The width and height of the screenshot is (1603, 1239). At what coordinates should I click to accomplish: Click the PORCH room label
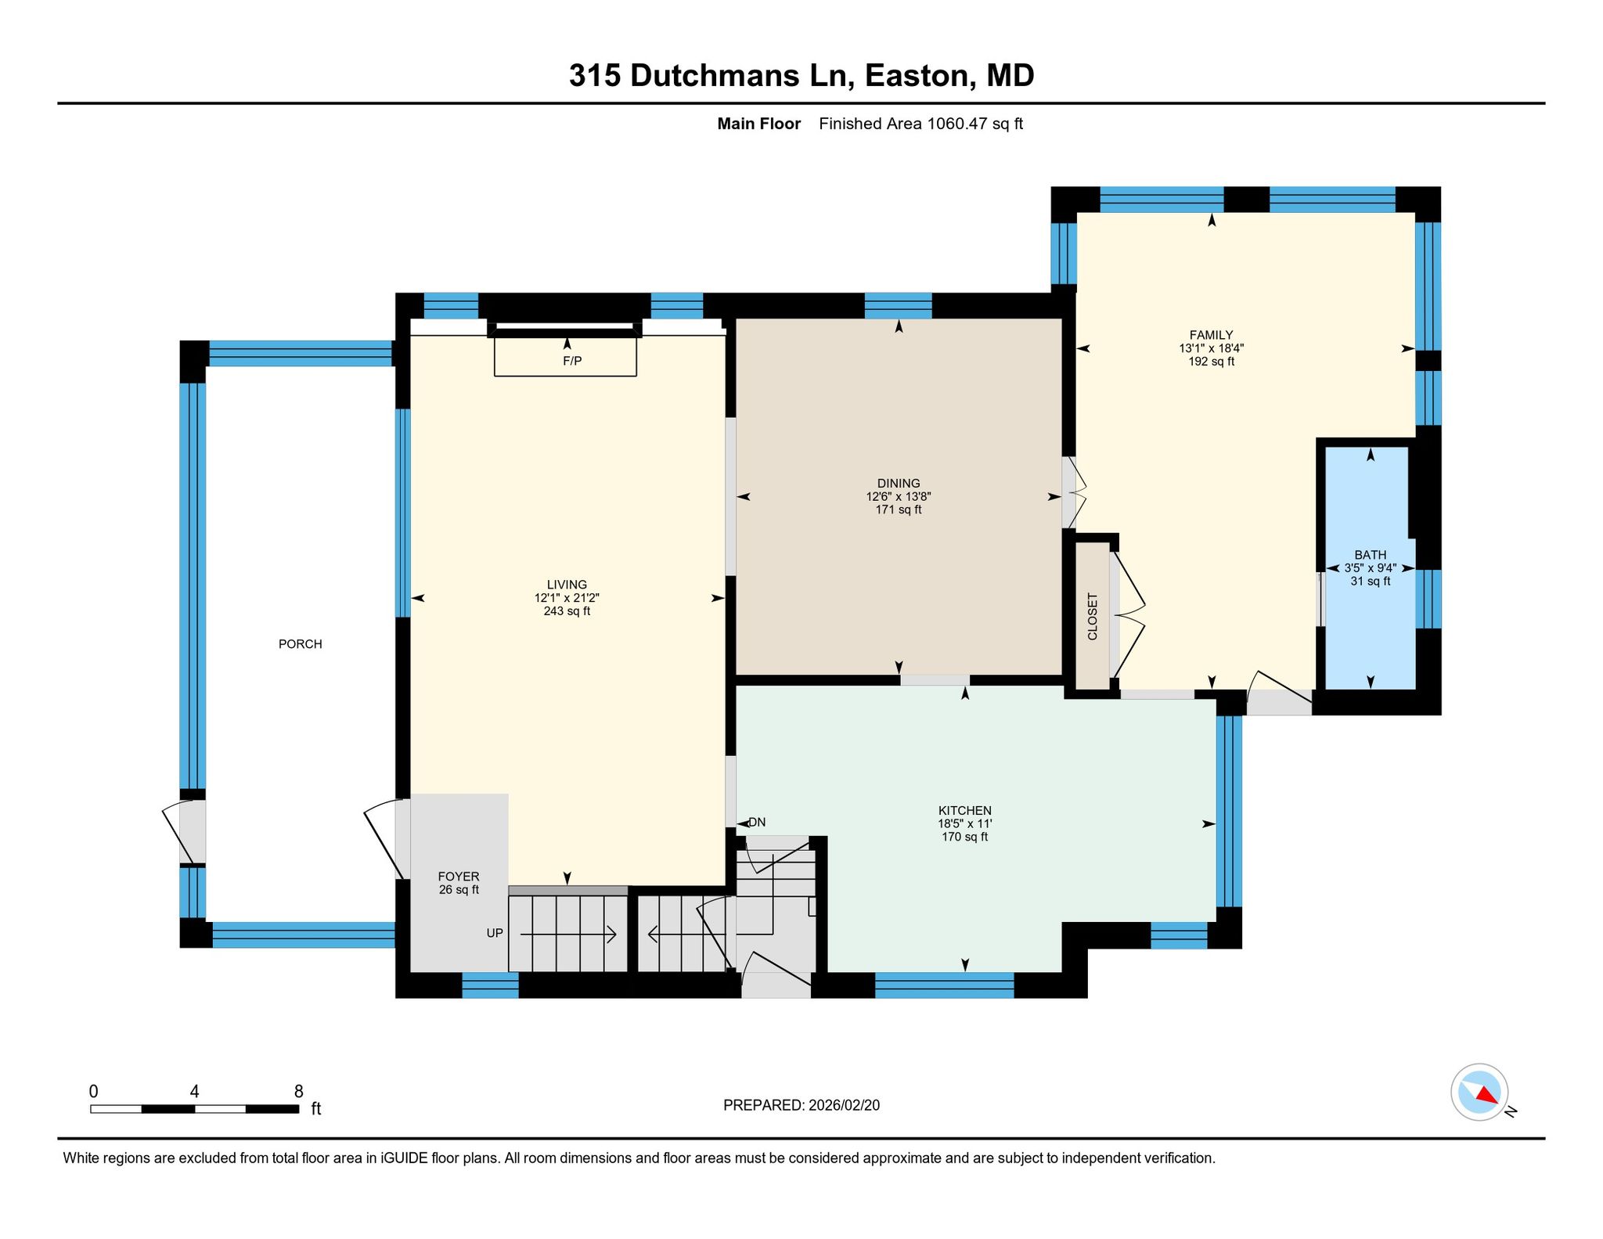tap(301, 644)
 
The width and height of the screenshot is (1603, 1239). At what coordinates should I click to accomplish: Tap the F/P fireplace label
tap(572, 361)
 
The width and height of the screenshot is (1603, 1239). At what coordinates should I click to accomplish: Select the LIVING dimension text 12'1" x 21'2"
tap(567, 598)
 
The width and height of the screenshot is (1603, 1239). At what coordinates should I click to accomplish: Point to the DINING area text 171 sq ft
tap(899, 510)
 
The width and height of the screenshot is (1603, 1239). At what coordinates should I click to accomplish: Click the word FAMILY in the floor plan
tap(1212, 335)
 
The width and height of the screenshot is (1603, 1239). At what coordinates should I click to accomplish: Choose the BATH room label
tap(1371, 555)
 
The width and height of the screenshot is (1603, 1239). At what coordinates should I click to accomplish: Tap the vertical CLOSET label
tap(1093, 617)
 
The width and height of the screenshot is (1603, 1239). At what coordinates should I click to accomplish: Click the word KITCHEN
tap(965, 811)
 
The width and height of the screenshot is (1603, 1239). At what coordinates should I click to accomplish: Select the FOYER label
tap(459, 877)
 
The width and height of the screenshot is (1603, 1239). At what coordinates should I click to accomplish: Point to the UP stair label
tap(495, 933)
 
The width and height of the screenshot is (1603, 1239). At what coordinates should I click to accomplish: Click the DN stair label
tap(757, 822)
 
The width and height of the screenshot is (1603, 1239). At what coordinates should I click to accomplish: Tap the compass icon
tap(1479, 1091)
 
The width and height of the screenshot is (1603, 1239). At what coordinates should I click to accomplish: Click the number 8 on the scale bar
tap(298, 1091)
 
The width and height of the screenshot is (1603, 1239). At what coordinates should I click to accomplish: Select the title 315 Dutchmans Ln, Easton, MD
tap(801, 75)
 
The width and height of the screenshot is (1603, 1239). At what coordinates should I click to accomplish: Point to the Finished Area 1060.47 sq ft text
tap(921, 124)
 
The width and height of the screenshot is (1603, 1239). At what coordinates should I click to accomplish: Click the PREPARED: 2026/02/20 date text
tap(801, 1105)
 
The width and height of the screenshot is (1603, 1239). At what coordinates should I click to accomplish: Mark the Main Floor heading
tap(759, 124)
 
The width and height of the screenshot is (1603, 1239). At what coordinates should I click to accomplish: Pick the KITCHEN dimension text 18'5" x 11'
tap(965, 824)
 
